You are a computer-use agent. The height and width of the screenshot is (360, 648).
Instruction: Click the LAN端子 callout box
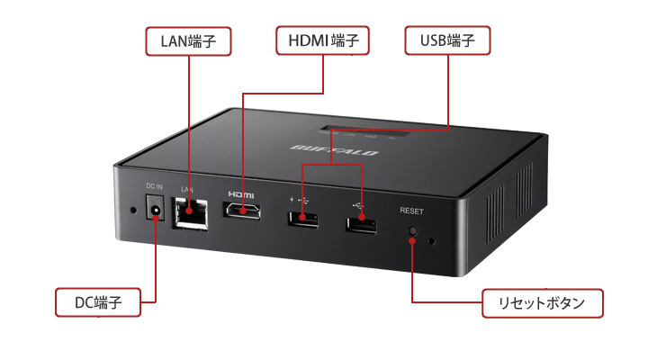188,40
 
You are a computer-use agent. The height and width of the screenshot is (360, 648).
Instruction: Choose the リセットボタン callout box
542,302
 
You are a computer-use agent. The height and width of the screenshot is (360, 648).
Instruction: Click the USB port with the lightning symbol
303,219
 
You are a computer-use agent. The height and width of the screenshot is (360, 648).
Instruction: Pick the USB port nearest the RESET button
361,223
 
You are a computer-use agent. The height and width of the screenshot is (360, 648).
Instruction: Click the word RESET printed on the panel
411,211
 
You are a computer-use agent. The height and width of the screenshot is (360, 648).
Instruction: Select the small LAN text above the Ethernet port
187,189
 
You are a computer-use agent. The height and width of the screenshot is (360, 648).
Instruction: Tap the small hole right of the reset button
434,241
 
